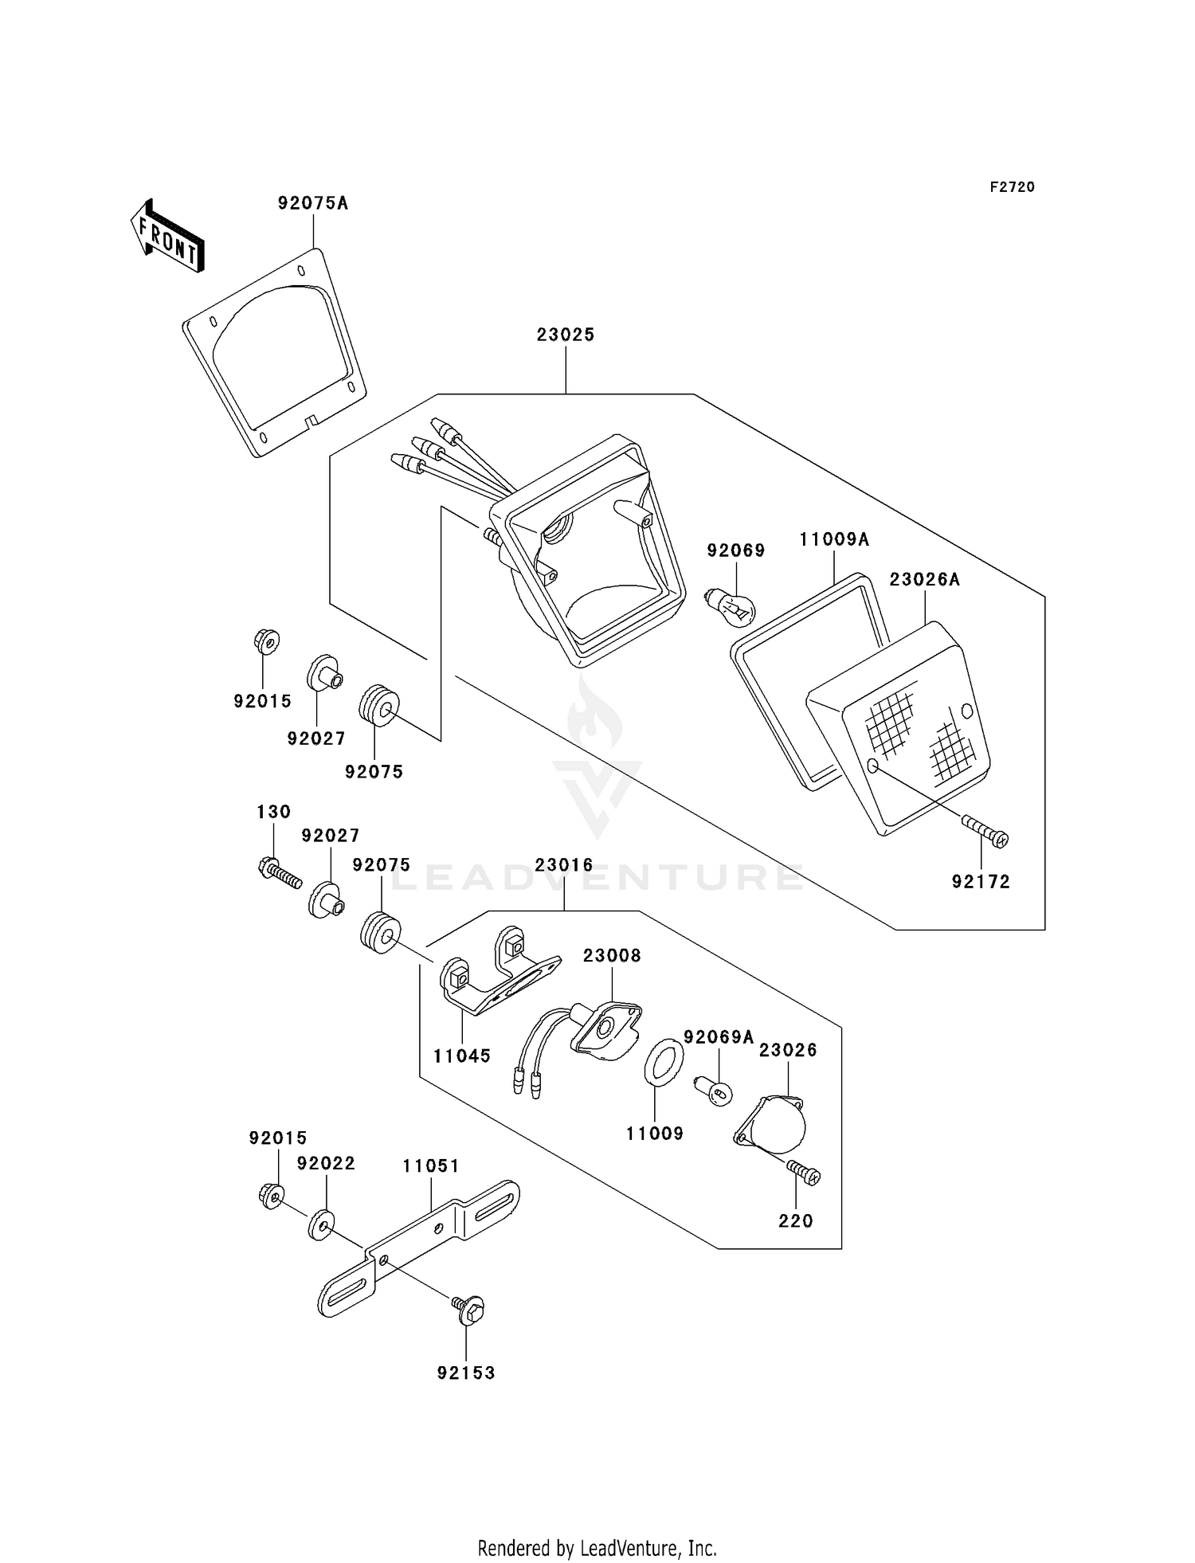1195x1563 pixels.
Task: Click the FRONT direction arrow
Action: point(167,237)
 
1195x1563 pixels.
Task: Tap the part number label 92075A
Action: point(313,203)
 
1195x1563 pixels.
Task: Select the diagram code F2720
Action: point(1012,187)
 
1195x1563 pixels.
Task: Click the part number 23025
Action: point(566,335)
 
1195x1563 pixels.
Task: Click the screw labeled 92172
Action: point(985,831)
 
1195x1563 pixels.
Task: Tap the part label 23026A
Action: point(924,580)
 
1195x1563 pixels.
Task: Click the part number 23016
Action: point(564,865)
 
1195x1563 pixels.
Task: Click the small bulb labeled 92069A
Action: point(715,1091)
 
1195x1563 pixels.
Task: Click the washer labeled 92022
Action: point(321,1224)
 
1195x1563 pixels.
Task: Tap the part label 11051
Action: point(431,1166)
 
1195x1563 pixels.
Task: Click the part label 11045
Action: point(462,1056)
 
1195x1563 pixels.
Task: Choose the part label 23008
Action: point(612,955)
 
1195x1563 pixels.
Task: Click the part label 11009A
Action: point(834,540)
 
